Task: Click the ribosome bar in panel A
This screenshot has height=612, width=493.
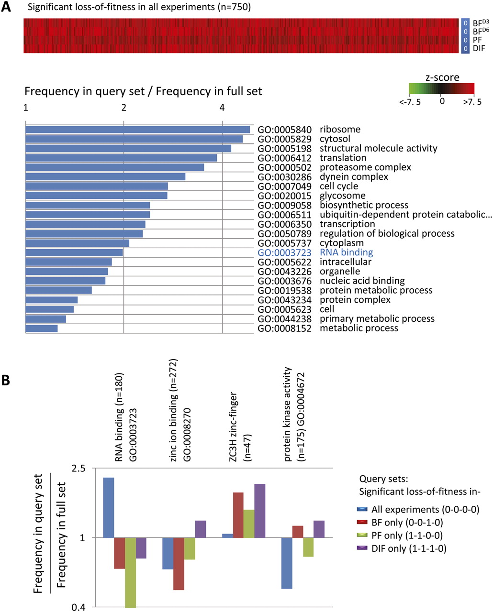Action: [x=137, y=130]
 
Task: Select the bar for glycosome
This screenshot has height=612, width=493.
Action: [x=96, y=196]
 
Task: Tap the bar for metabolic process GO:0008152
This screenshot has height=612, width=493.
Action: [x=42, y=328]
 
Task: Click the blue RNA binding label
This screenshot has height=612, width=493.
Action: [x=346, y=252]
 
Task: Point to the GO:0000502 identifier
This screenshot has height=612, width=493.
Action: [x=284, y=167]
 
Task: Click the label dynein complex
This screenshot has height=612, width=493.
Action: [x=354, y=177]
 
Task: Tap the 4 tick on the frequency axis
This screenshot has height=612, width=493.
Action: [x=222, y=108]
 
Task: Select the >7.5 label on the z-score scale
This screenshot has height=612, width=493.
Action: [x=472, y=102]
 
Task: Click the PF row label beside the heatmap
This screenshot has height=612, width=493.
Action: [x=477, y=40]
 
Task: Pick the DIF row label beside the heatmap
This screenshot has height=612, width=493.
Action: [x=479, y=48]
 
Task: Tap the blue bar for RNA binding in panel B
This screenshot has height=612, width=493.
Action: [x=109, y=507]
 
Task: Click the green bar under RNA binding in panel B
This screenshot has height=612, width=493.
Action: [x=130, y=572]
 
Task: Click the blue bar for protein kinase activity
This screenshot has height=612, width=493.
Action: [x=287, y=563]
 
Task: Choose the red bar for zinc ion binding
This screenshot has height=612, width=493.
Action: [x=179, y=564]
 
